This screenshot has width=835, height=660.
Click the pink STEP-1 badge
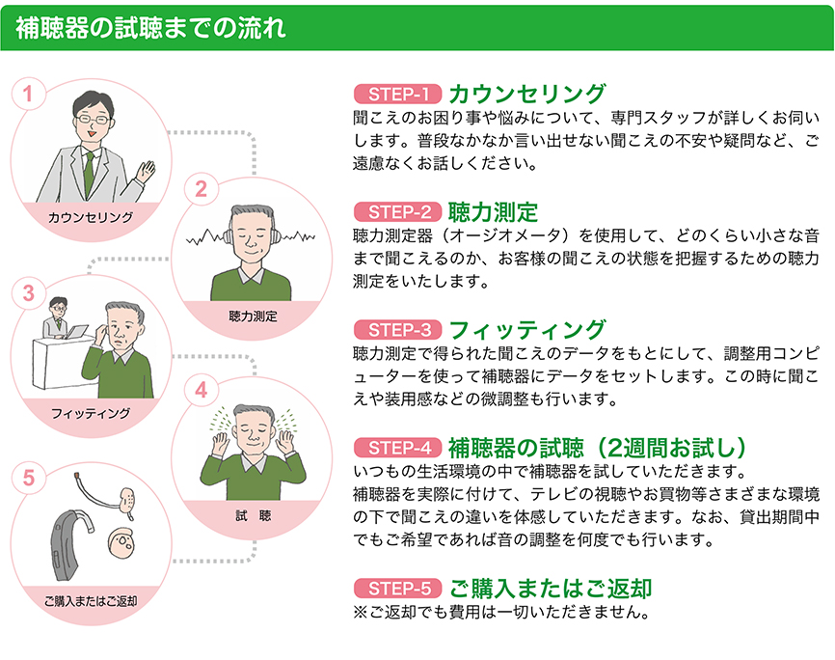click(x=398, y=95)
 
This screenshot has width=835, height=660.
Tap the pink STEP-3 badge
click(x=398, y=330)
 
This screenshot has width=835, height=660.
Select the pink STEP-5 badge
click(x=398, y=589)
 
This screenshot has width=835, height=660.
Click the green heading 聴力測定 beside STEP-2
click(x=493, y=212)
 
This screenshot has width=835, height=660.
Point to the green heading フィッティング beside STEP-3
click(x=527, y=330)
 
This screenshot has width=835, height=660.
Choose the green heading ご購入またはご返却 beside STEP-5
click(x=551, y=589)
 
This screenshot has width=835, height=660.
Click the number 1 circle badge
click(x=28, y=95)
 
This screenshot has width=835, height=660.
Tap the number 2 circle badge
click(x=201, y=189)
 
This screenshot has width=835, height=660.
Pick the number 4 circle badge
click(x=201, y=390)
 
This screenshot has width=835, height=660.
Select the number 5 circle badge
click(x=28, y=478)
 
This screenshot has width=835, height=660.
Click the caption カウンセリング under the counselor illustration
click(x=91, y=217)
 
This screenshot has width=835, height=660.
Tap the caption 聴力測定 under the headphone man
click(x=253, y=316)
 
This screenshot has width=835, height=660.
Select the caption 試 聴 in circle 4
click(x=254, y=515)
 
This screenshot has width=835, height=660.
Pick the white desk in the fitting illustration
click(x=58, y=365)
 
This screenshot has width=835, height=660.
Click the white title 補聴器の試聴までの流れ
click(x=150, y=28)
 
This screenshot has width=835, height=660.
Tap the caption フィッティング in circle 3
click(x=91, y=413)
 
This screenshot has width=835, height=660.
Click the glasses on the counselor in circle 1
click(x=93, y=119)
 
